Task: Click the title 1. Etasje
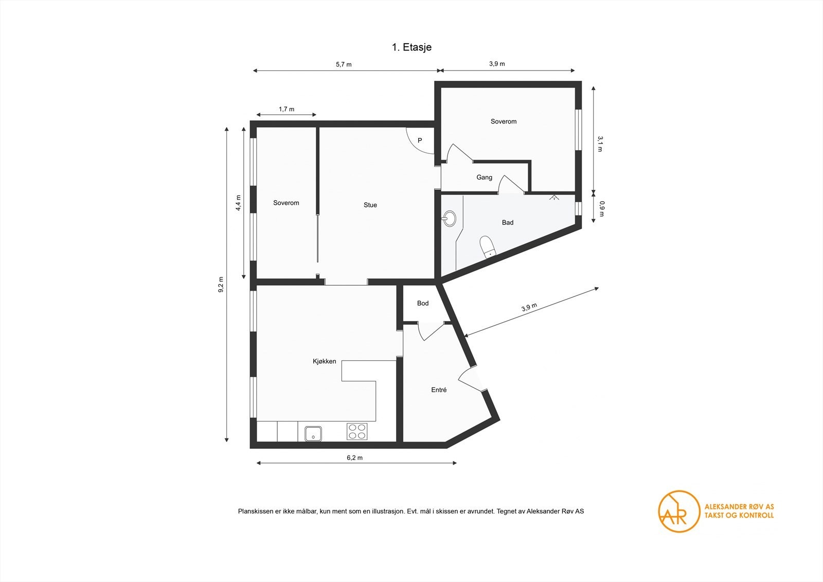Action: [411, 47]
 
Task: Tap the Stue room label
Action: [370, 205]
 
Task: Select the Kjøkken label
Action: [325, 361]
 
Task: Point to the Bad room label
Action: [508, 222]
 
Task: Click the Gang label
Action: [484, 177]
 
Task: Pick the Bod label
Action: [423, 303]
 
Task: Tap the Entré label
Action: [439, 390]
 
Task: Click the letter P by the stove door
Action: [420, 140]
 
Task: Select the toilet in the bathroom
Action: [487, 246]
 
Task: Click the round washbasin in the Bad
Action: [449, 219]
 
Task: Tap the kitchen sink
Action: [313, 433]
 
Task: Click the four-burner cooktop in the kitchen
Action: [356, 431]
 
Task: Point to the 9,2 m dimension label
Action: [221, 285]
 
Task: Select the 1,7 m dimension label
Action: [287, 109]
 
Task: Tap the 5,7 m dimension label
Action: [344, 64]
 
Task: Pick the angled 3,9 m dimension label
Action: [529, 308]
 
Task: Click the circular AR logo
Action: [679, 511]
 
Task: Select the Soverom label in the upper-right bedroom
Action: [504, 121]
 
